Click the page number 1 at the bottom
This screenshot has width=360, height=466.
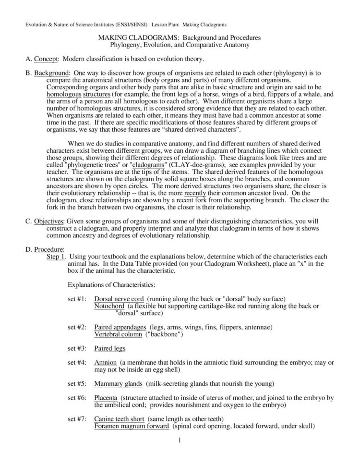179,441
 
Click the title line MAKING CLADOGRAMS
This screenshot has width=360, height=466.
180,37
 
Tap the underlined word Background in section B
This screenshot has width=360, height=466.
52,73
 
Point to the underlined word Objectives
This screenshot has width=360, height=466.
49,221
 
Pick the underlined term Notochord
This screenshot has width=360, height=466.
110,306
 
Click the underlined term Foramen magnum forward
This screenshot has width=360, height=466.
132,426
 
